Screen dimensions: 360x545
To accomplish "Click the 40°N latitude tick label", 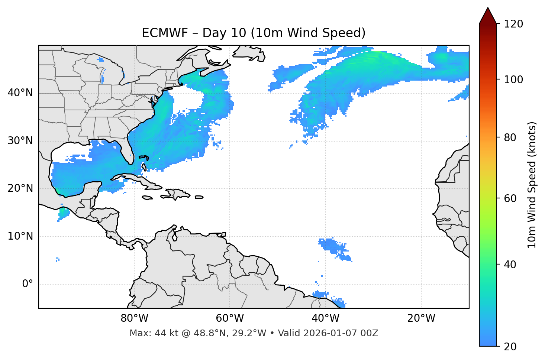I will coord(20,93).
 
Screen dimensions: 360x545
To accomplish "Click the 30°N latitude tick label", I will coord(20,141).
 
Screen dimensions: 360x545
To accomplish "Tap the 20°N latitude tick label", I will coord(20,188).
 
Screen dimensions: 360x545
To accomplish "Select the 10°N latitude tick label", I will coord(20,236).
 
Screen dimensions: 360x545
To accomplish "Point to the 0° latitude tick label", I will coord(28,284).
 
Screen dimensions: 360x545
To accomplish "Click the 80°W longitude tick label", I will coord(134,318).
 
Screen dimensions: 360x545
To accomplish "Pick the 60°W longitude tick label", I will coord(230,318).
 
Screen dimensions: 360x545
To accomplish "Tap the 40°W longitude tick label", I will coord(326,318).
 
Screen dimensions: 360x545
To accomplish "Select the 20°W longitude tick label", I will coord(421,318).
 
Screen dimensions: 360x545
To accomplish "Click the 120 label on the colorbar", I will coord(513,24).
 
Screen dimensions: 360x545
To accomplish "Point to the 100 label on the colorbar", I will coord(513,80).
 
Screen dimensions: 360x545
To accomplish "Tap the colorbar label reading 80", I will coord(510,137).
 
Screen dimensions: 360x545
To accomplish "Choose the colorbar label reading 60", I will coord(510,198).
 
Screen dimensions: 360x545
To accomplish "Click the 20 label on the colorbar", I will coord(510,347).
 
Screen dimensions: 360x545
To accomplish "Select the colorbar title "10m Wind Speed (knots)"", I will coord(532,185).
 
